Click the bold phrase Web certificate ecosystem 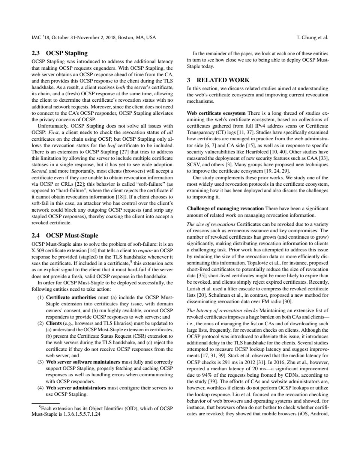(216, 113)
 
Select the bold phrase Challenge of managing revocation (225, 208)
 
